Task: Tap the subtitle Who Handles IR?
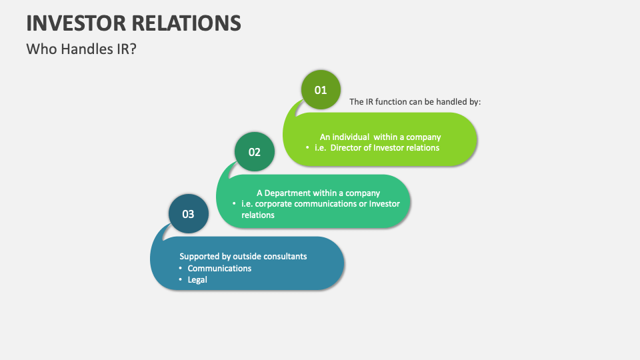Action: coord(81,49)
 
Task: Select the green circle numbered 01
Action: coord(321,89)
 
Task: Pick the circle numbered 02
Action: coord(255,151)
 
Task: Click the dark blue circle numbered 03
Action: coord(189,214)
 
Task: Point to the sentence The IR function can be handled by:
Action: coord(415,102)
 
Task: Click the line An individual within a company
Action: coord(380,137)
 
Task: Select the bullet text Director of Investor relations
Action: coord(385,147)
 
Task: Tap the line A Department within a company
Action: coord(318,193)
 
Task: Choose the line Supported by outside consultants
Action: coord(243,256)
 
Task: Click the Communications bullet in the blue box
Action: coord(219,268)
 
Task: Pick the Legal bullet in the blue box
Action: coord(197,280)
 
